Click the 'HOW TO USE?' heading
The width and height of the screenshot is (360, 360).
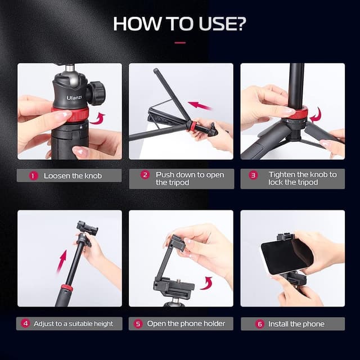click(179, 24)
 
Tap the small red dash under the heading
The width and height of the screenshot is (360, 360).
click(180, 42)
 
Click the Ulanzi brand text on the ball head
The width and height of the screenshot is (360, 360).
click(74, 97)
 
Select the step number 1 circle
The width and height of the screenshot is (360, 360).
click(33, 175)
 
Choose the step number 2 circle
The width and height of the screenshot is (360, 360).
click(145, 175)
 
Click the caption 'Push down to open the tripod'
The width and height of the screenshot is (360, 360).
click(190, 178)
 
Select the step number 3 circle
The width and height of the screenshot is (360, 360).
click(253, 175)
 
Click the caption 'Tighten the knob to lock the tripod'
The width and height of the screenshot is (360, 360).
click(301, 178)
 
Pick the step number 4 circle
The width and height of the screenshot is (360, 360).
click(25, 323)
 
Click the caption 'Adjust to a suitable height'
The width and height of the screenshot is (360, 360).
click(73, 323)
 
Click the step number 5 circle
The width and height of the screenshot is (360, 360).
click(138, 323)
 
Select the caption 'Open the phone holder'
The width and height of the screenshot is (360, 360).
click(186, 323)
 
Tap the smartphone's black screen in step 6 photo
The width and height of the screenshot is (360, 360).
click(286, 256)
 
